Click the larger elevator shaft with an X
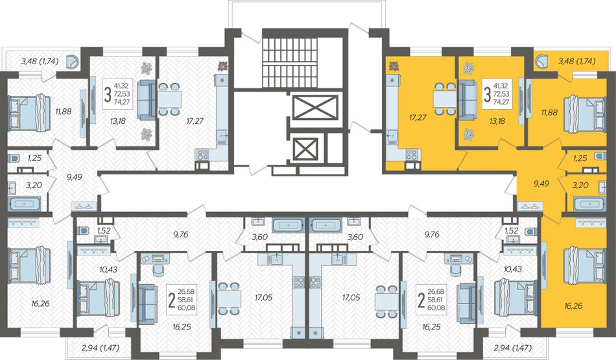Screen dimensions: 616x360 coord(316,106)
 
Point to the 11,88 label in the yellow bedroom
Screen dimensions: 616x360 coord(549,112)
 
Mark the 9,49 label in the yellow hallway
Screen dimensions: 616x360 coord(541,183)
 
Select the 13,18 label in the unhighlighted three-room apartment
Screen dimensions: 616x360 coord(117,121)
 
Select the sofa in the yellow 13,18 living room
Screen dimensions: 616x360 coord(467,99)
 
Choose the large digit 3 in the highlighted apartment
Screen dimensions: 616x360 coord(487,95)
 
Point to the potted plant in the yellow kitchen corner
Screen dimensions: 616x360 coord(393,66)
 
